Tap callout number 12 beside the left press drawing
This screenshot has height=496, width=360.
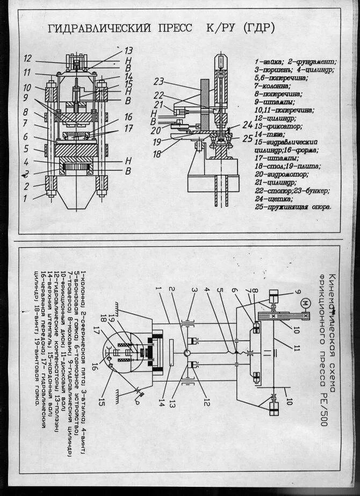[x=28, y=58]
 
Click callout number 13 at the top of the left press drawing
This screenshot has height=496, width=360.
[x=128, y=51]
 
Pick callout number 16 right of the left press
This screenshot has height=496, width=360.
[x=127, y=117]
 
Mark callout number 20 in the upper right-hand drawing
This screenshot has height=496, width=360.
[x=155, y=130]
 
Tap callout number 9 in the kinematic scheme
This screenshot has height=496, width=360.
[x=297, y=292]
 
